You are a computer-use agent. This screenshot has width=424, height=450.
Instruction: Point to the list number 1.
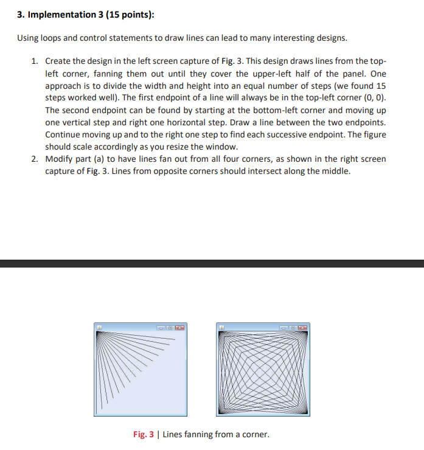coord(35,61)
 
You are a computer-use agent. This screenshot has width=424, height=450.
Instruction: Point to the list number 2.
coord(35,159)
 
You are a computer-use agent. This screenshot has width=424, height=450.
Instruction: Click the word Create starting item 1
coord(58,61)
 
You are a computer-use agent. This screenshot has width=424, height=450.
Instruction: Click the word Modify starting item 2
coord(60,159)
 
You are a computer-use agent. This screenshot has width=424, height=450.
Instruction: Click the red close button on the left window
coord(181,328)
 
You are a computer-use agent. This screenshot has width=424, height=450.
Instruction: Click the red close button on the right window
coord(303,328)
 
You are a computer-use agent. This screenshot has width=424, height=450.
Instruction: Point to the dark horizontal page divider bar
coord(212,263)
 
